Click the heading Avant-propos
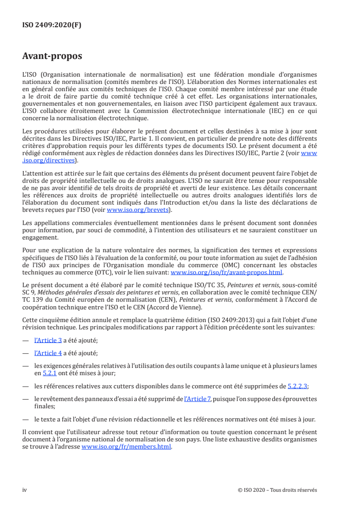(52, 57)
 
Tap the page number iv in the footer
(25, 490)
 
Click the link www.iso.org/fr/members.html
(126, 446)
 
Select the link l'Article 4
(48, 352)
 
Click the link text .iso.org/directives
(49, 160)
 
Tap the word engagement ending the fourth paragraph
(40, 237)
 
